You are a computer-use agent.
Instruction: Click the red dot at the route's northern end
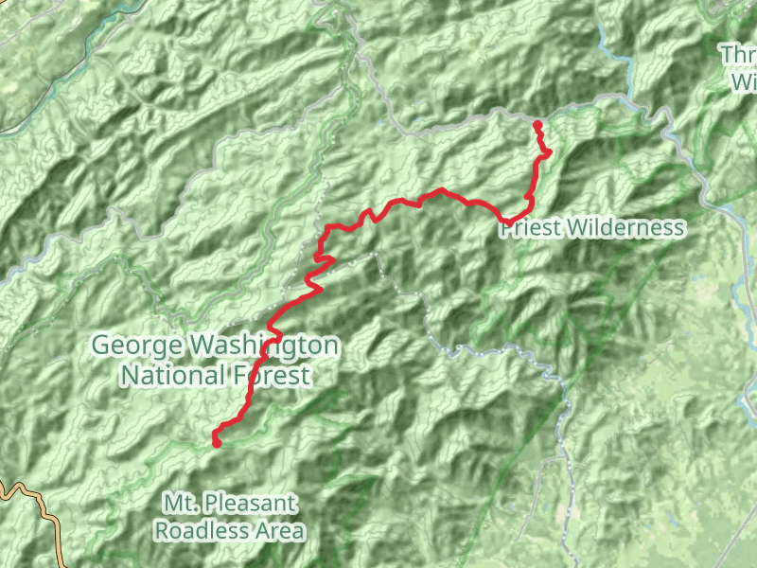pos(537,125)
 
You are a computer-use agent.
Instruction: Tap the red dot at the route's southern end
pos(217,442)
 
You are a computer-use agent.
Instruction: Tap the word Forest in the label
pos(270,376)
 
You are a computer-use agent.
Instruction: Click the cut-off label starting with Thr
pos(738,55)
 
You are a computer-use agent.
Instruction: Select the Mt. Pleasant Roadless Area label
pos(230,516)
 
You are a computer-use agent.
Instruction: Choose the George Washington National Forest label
pos(215,361)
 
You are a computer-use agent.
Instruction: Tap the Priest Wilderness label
pos(591,227)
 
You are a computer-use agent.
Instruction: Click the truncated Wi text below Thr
pos(743,81)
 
